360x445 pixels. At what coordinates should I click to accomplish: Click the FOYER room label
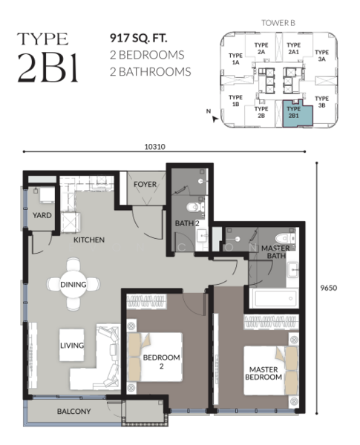pos(145,184)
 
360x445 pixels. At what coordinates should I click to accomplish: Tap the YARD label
pos(42,215)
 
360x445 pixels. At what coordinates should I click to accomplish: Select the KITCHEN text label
pos(89,240)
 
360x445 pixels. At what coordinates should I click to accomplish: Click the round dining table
pos(73,284)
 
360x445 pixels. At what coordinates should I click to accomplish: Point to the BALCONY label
pos(74,411)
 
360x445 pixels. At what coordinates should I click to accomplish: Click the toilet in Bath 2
pos(195,206)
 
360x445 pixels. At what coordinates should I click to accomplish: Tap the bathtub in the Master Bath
pos(274,298)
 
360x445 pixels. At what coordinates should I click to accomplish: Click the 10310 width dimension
pos(155,147)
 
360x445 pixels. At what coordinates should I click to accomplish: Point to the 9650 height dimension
pos(329,288)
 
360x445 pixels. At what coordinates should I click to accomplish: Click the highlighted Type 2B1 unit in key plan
pos(297,113)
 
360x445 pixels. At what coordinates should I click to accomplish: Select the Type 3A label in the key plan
pos(321,56)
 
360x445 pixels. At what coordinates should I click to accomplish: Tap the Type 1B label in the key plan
pos(235,101)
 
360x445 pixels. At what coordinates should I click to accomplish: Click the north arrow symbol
pos(215,119)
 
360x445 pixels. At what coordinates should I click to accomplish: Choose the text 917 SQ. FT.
pos(138,38)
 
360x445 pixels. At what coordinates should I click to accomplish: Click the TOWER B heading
pos(278,23)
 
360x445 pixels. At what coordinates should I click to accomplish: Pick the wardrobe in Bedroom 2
pos(146,301)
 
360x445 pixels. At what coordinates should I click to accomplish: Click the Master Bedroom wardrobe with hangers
pos(272,322)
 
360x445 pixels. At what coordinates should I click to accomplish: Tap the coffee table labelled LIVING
pos(71,345)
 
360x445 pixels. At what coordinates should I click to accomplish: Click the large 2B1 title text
pos(48,67)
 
